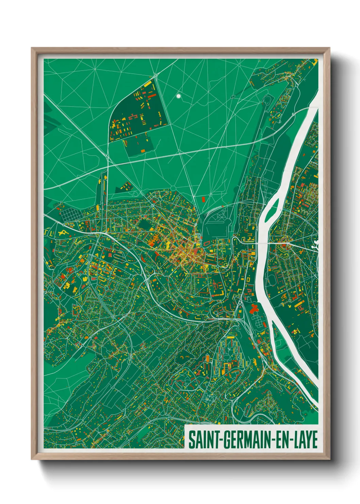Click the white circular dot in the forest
(x=178, y=96)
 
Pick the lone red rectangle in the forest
(x=203, y=199)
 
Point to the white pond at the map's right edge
(x=316, y=245)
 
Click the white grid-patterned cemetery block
(x=71, y=215)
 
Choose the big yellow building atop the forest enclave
(x=148, y=84)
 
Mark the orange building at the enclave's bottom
(x=142, y=150)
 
